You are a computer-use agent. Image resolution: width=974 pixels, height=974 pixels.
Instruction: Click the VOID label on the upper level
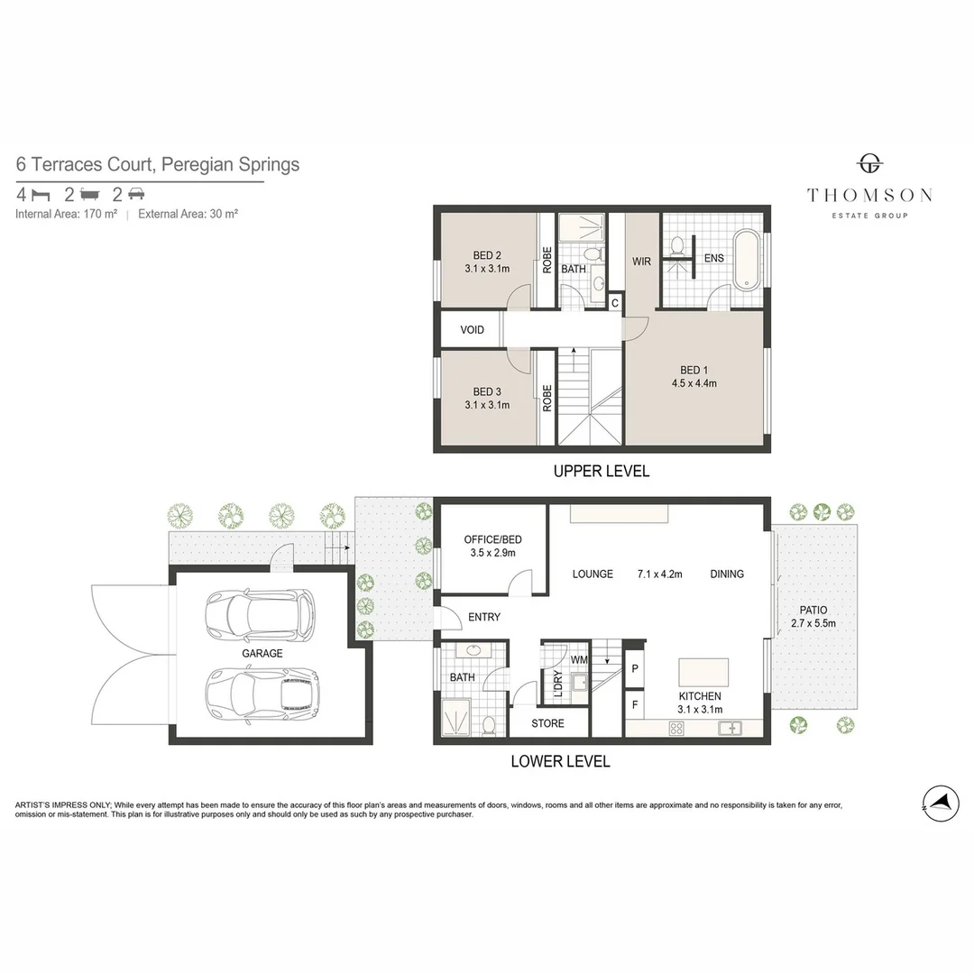pyautogui.click(x=472, y=330)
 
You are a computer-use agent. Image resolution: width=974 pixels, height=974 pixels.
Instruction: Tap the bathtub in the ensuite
pyautogui.click(x=747, y=260)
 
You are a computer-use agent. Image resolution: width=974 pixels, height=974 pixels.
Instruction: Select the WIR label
pyautogui.click(x=641, y=262)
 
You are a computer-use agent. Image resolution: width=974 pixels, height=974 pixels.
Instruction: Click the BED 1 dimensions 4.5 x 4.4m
pyautogui.click(x=694, y=383)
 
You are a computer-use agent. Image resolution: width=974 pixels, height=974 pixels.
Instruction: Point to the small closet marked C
pyautogui.click(x=614, y=303)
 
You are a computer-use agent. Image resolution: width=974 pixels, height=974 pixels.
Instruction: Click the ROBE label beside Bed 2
pyautogui.click(x=547, y=261)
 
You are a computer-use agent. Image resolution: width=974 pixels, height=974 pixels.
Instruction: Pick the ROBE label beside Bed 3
pyautogui.click(x=547, y=398)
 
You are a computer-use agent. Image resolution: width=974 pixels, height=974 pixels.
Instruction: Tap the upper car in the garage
pyautogui.click(x=259, y=614)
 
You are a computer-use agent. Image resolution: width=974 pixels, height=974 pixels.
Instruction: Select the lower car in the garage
pyautogui.click(x=262, y=692)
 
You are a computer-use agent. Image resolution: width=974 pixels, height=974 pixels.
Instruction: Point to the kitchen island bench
pyautogui.click(x=703, y=672)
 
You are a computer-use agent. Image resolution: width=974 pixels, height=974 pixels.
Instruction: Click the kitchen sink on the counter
pyautogui.click(x=730, y=728)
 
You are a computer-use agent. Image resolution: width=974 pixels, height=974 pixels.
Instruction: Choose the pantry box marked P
pyautogui.click(x=635, y=668)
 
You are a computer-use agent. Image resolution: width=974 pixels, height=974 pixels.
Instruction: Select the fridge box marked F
pyautogui.click(x=635, y=704)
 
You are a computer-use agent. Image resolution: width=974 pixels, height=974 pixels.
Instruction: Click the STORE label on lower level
pyautogui.click(x=547, y=723)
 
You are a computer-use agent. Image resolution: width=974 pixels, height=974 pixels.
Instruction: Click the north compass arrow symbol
pyautogui.click(x=940, y=802)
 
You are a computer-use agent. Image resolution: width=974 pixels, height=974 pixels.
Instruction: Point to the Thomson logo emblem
pyautogui.click(x=869, y=164)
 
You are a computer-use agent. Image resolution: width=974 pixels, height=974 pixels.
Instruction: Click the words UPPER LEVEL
pyautogui.click(x=602, y=471)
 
